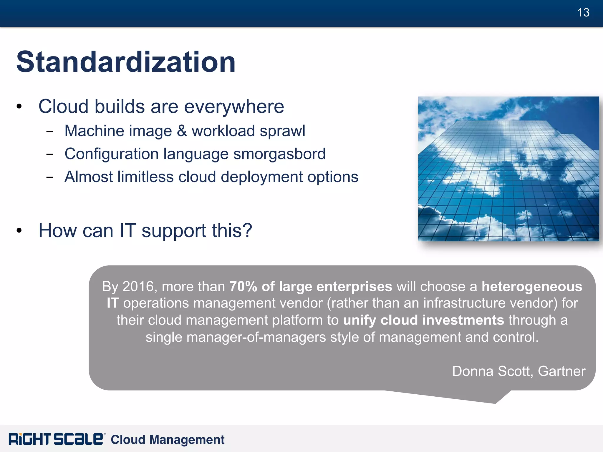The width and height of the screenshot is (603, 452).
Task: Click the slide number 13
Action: click(x=583, y=13)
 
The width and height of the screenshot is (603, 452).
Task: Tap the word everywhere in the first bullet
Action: click(x=234, y=107)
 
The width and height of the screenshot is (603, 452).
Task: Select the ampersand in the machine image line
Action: click(x=182, y=131)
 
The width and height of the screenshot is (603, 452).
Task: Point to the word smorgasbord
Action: click(x=279, y=154)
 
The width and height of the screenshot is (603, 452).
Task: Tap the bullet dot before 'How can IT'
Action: click(x=19, y=231)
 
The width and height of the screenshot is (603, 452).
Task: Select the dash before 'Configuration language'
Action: click(x=49, y=154)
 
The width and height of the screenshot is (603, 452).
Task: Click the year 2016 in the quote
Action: click(x=138, y=286)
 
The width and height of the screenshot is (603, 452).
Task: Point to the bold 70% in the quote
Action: click(x=243, y=286)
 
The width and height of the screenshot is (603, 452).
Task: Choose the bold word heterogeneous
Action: click(x=532, y=287)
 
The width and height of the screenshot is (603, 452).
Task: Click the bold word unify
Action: click(x=360, y=320)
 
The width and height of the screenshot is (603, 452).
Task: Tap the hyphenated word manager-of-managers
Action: click(x=256, y=337)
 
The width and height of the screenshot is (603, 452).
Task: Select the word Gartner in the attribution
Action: click(x=561, y=371)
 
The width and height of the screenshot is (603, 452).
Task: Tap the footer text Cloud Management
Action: click(x=167, y=440)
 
